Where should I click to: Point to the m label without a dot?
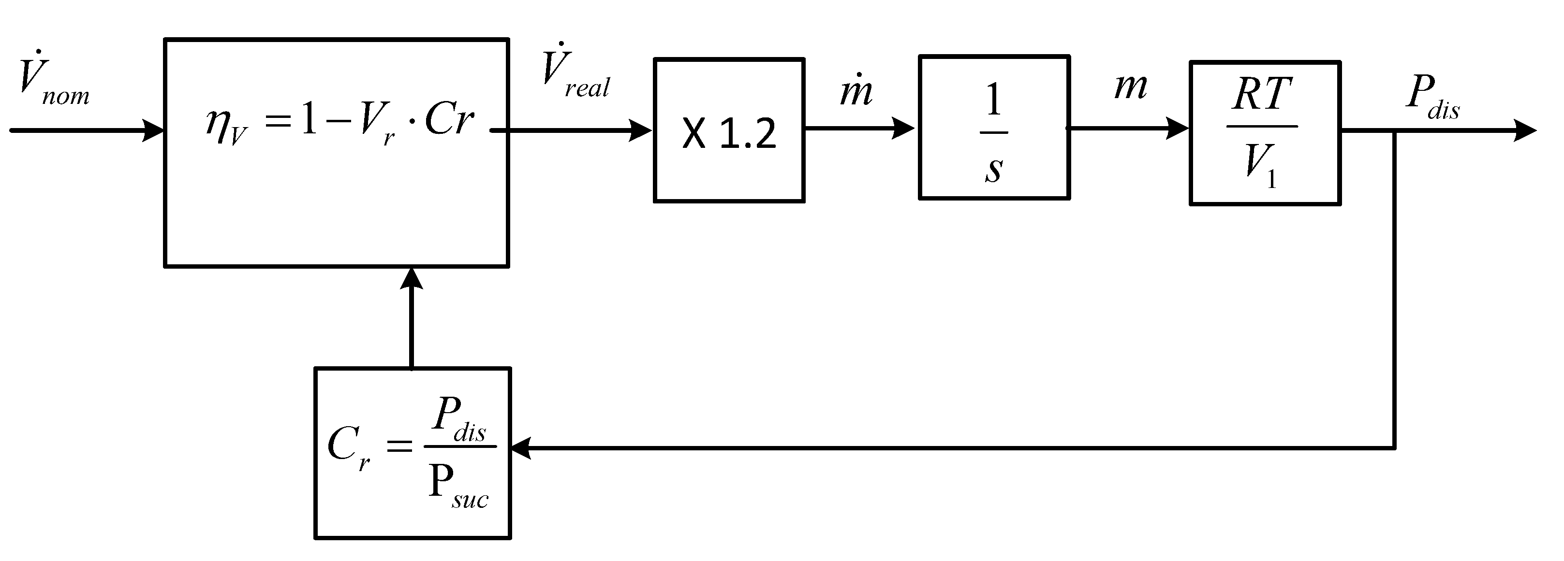pos(1131,86)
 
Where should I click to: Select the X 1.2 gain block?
pos(729,130)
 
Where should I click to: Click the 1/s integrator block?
pos(994,128)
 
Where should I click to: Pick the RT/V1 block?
pos(1265,132)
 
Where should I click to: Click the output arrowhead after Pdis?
pos(1525,130)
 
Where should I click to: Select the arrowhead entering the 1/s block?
pos(905,128)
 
